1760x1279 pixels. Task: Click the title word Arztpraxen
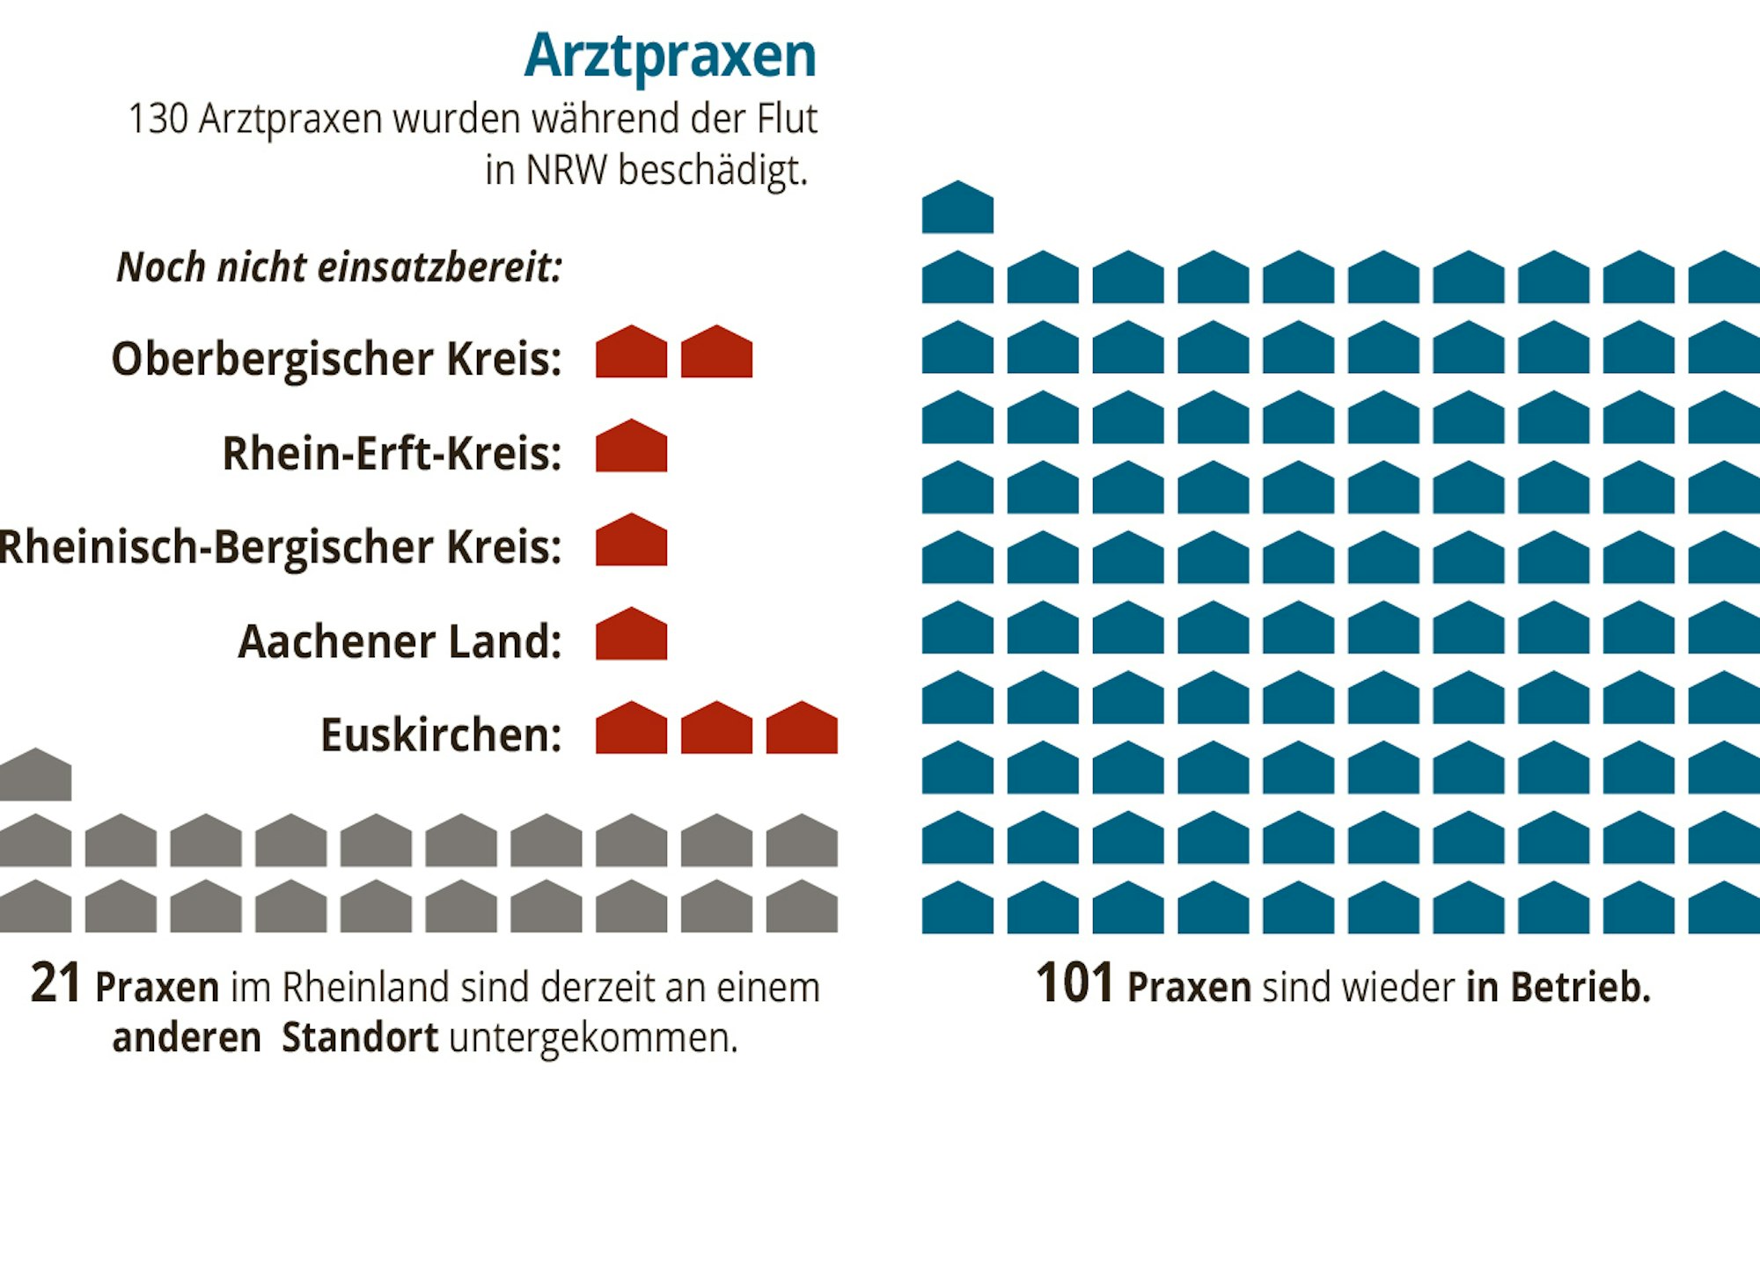670,56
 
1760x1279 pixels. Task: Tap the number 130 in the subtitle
158,119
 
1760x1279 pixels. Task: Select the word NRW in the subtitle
566,170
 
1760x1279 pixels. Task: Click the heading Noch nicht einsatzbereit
339,267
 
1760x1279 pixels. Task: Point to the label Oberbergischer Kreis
336,359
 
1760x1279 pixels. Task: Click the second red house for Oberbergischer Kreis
716,354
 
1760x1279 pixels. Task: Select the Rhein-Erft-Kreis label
392,454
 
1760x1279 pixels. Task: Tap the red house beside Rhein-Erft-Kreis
631,448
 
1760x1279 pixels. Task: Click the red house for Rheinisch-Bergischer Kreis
631,542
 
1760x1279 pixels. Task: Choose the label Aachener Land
400,641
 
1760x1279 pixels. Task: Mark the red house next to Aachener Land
631,636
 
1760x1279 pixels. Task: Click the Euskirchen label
441,735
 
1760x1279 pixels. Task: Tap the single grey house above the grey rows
35,777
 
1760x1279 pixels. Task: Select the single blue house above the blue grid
957,209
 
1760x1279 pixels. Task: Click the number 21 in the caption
55,983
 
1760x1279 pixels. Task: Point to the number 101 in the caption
1074,983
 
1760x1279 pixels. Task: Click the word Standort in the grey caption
359,1038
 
